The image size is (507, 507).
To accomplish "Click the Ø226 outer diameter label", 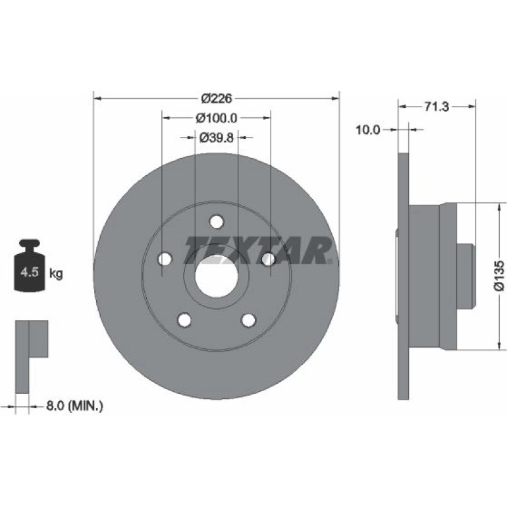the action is tap(217, 98).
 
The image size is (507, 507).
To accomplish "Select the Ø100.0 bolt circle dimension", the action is tap(217, 118).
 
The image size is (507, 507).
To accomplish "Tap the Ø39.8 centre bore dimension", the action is tap(217, 138).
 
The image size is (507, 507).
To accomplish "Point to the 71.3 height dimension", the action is tap(437, 107).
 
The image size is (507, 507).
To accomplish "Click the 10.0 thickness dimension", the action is tap(368, 130).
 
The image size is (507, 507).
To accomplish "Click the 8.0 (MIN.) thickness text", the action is tap(74, 406).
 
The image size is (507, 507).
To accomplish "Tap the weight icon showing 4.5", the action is tap(30, 265).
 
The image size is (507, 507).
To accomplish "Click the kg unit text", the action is tap(56, 274).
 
